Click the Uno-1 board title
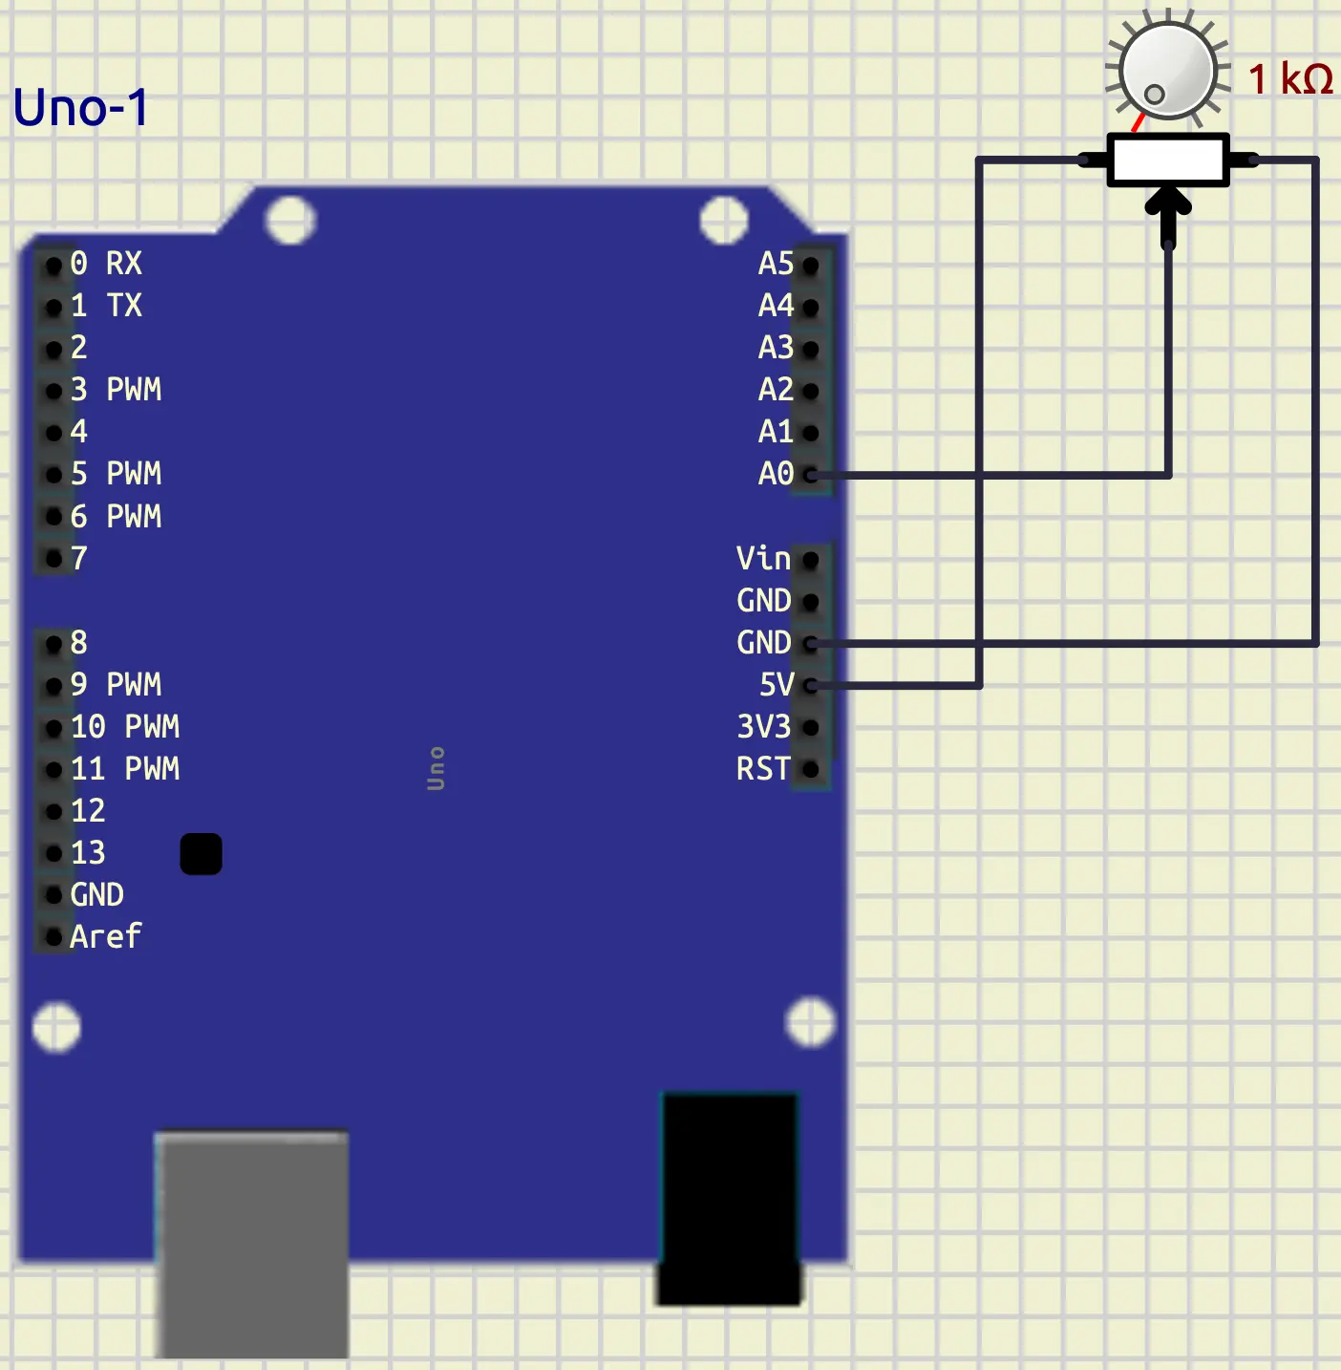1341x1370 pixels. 81,107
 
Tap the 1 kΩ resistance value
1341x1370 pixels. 1289,79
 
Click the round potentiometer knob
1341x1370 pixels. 1167,71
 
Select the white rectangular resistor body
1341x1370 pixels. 1167,160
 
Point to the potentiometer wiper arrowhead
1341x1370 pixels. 1167,203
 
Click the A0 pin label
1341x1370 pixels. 776,474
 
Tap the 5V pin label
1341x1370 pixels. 776,685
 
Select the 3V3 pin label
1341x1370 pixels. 764,727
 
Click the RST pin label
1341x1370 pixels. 763,769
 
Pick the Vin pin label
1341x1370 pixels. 763,559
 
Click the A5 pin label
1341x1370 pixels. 776,264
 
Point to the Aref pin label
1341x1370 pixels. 105,937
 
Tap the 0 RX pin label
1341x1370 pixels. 106,264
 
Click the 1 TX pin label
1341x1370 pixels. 106,306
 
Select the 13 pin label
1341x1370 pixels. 88,853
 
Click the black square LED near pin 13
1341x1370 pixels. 201,854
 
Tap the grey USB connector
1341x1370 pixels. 251,1244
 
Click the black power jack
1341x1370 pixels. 730,1198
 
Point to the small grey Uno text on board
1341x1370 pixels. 436,769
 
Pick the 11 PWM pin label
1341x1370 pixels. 125,769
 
